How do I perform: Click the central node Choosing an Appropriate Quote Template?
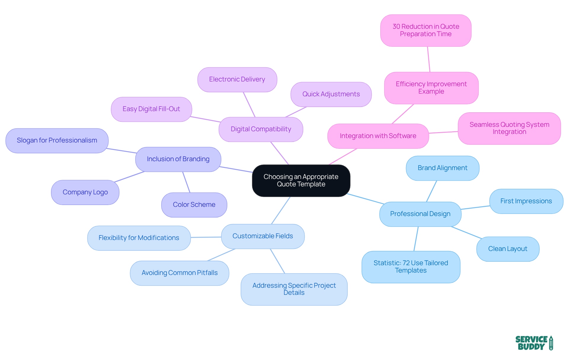coord(301,180)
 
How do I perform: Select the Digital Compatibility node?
coord(261,129)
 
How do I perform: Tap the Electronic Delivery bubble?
coord(237,79)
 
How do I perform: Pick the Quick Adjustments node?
coord(331,94)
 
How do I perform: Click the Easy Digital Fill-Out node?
coord(151,109)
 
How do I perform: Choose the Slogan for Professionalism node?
coord(57,140)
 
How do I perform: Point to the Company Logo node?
coord(85,192)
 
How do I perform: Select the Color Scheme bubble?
coord(194,205)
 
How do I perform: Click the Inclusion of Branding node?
coord(178,159)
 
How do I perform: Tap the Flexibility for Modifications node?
coord(139,238)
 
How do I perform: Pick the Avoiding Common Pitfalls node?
coord(179,273)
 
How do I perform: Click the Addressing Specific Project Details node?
coord(294,289)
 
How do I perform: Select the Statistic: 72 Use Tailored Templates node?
coord(411,267)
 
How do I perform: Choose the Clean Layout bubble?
coord(508,249)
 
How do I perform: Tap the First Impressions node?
coord(526,201)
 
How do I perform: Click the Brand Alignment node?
coord(442,168)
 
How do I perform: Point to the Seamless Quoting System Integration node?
coord(509,128)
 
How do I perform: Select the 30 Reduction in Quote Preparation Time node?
coord(426,30)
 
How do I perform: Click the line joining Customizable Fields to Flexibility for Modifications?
coord(206,237)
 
